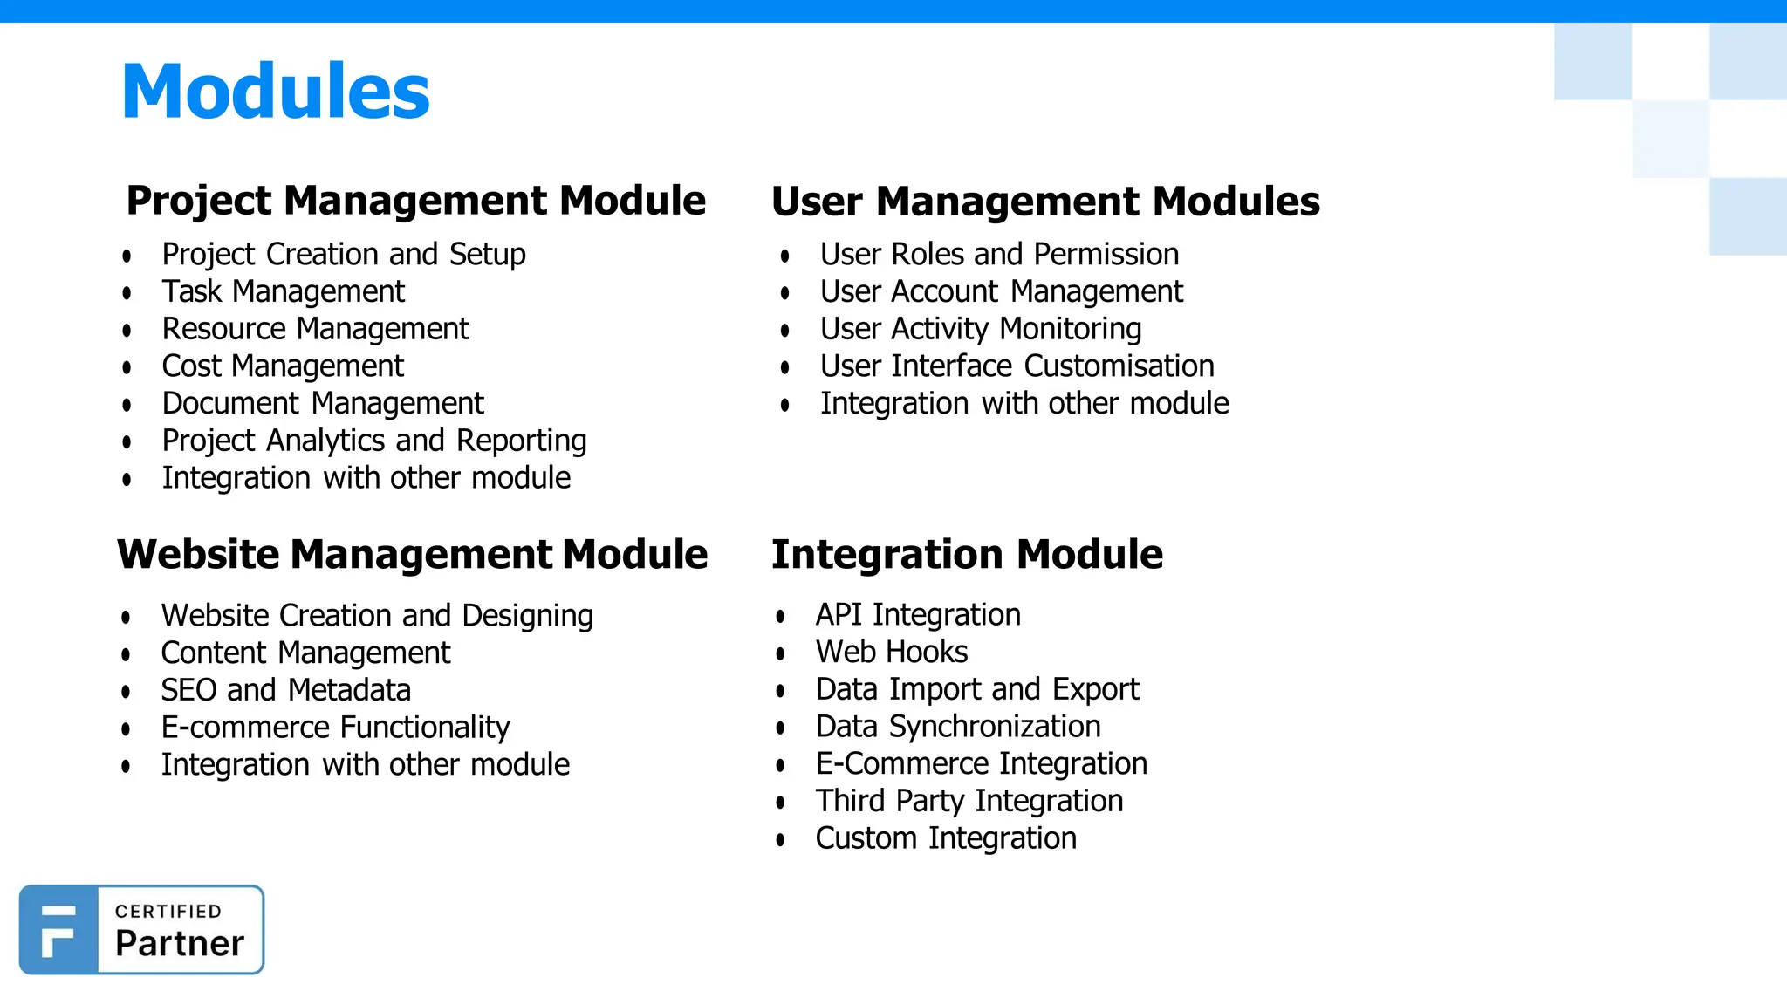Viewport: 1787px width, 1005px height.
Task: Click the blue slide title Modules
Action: pyautogui.click(x=276, y=92)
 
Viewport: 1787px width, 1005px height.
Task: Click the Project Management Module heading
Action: pyautogui.click(x=415, y=201)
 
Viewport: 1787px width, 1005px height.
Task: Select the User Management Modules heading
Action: pyautogui.click(x=1045, y=202)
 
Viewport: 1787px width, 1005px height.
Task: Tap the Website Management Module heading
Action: pyautogui.click(x=412, y=555)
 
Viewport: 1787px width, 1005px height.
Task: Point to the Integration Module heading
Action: pyautogui.click(x=967, y=555)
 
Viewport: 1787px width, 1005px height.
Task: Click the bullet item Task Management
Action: pyautogui.click(x=283, y=291)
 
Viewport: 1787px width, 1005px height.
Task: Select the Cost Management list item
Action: pyautogui.click(x=283, y=366)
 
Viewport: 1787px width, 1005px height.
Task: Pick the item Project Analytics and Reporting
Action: pyautogui.click(x=373, y=441)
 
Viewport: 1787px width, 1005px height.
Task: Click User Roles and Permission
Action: pyautogui.click(x=999, y=255)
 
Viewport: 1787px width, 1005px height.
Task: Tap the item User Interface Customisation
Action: pyautogui.click(x=1017, y=366)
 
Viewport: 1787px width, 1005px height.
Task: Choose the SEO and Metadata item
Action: pyautogui.click(x=285, y=690)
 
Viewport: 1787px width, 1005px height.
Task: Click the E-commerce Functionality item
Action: pyautogui.click(x=335, y=728)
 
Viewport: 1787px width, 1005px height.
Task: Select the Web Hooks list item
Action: pyautogui.click(x=891, y=653)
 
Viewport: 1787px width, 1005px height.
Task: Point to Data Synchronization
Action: pyautogui.click(x=957, y=727)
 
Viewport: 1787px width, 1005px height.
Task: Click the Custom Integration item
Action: pyautogui.click(x=945, y=838)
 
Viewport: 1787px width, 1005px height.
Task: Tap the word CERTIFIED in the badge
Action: pyautogui.click(x=168, y=912)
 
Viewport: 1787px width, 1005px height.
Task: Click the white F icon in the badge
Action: pyautogui.click(x=58, y=931)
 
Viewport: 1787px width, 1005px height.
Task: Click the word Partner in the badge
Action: pyautogui.click(x=180, y=944)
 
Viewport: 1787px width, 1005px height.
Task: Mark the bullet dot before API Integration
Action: pyautogui.click(x=780, y=617)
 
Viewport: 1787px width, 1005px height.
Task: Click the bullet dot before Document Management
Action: pyautogui.click(x=127, y=405)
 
